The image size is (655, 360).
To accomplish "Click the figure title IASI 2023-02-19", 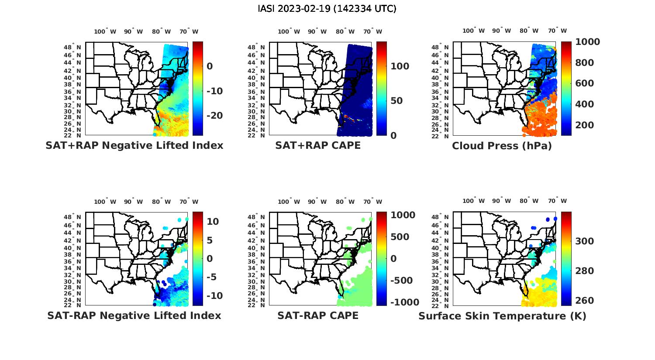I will point(327,9).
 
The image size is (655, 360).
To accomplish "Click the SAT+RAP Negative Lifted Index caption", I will point(134,146).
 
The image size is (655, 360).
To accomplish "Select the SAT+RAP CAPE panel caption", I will point(318,146).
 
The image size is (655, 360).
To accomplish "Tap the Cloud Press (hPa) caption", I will point(502,146).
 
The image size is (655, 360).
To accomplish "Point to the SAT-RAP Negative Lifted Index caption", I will point(134,315).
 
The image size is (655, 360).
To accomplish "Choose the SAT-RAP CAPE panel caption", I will point(318,315).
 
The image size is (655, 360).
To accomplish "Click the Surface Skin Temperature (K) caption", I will point(502,316).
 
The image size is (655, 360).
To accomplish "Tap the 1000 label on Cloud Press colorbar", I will point(587,42).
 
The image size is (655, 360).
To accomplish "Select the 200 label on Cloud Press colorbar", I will point(585,125).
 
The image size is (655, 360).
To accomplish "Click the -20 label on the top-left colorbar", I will point(214,116).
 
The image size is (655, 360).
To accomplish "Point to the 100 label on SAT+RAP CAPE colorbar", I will point(400,66).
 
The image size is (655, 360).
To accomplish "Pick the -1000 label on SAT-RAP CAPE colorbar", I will point(404,302).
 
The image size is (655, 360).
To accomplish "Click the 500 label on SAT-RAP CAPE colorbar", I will point(400,237).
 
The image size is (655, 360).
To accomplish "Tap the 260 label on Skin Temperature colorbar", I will point(585,301).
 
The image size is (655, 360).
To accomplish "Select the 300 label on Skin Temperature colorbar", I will point(585,241).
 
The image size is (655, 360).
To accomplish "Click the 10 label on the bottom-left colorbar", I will point(213,221).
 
